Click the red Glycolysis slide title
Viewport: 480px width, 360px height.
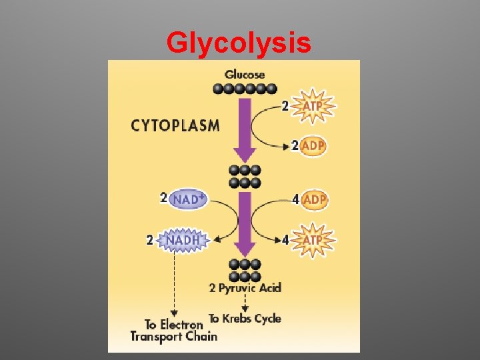(x=239, y=43)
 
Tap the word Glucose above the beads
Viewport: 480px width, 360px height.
(x=245, y=74)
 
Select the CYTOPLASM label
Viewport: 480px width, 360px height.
(x=175, y=125)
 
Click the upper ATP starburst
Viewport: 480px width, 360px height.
(x=313, y=105)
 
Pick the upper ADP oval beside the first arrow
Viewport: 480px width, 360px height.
(x=313, y=146)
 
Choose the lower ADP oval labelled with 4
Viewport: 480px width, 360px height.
(x=314, y=199)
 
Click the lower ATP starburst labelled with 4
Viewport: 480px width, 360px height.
(x=313, y=239)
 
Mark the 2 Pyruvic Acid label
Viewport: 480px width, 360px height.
(x=245, y=288)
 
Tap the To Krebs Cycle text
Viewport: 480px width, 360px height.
(x=245, y=319)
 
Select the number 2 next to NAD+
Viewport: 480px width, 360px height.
(x=163, y=198)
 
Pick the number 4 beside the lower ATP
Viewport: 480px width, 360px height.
(x=285, y=239)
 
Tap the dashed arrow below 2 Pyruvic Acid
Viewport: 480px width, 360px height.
(x=245, y=303)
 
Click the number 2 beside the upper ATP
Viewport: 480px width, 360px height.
(x=285, y=105)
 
